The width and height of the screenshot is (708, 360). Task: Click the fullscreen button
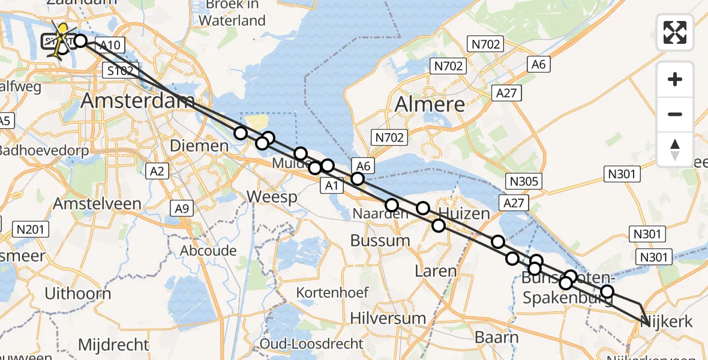click(675, 32)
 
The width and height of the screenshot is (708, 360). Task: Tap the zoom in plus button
click(675, 79)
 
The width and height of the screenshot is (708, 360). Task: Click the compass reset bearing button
click(675, 149)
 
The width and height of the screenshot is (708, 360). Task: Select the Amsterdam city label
click(138, 101)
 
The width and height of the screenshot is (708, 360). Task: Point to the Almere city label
click(430, 104)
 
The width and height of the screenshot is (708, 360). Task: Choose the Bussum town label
click(380, 241)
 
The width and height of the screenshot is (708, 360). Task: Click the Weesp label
click(272, 197)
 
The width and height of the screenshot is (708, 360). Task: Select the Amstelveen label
click(97, 203)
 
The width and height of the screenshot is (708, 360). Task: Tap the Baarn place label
click(496, 337)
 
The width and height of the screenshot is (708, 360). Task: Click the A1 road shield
click(331, 186)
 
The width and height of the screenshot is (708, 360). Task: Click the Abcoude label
click(208, 250)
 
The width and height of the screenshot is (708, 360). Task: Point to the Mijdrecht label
click(113, 345)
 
